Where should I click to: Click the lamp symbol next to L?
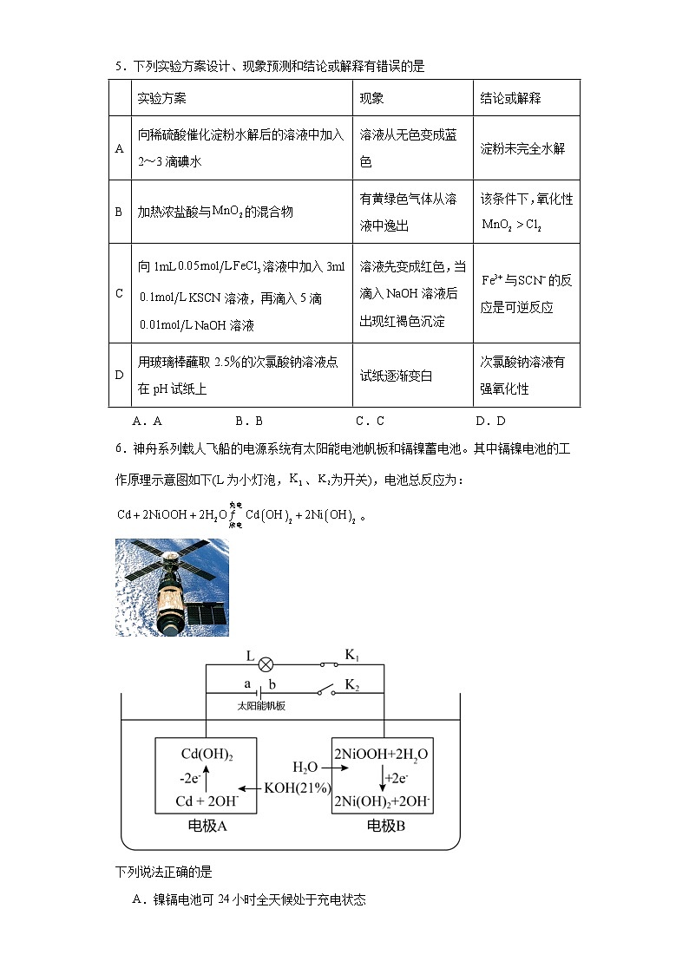(x=267, y=664)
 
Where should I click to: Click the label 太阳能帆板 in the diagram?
(x=261, y=706)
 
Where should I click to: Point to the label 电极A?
(x=207, y=826)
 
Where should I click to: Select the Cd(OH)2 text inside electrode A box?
(x=207, y=753)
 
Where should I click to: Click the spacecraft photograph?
(x=172, y=587)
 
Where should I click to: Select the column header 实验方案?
(x=162, y=98)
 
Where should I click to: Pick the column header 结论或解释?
(x=510, y=98)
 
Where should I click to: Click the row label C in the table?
(x=120, y=293)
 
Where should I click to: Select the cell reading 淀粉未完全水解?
(x=522, y=148)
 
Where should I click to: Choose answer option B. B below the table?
(x=249, y=422)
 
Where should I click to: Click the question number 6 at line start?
(x=119, y=451)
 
